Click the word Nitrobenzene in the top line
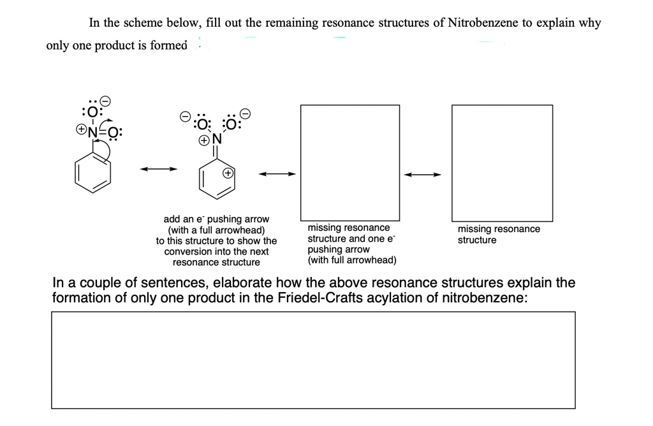[483, 23]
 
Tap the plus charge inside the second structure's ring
[228, 173]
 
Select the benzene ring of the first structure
[93, 172]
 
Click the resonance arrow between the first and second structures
[158, 169]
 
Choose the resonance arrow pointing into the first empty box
[277, 173]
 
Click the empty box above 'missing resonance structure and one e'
[350, 163]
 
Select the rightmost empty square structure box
[502, 163]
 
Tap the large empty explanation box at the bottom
[313, 360]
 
